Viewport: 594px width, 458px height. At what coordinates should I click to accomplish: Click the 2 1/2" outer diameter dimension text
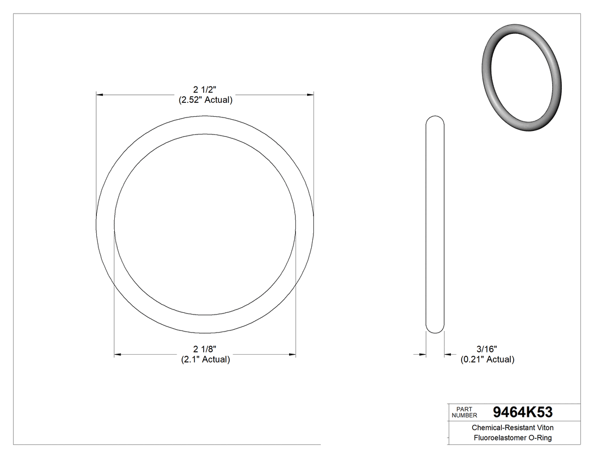point(205,89)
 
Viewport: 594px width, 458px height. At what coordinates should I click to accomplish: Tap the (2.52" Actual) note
point(205,100)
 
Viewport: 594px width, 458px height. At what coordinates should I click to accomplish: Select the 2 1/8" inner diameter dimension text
point(205,348)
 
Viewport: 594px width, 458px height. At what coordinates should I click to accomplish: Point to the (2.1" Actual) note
point(205,359)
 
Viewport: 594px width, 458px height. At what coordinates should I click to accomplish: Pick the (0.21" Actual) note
point(487,359)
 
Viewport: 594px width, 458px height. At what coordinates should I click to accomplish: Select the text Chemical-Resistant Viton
point(513,428)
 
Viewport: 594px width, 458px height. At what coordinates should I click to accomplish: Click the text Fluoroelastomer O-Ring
point(513,438)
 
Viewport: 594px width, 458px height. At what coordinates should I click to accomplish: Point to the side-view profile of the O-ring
point(434,226)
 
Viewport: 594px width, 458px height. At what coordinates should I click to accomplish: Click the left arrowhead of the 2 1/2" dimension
point(100,95)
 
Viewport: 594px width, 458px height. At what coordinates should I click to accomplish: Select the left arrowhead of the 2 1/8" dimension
point(118,355)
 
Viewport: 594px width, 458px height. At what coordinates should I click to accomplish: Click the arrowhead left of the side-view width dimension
point(422,354)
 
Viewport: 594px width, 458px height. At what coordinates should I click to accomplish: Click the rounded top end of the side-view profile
point(434,119)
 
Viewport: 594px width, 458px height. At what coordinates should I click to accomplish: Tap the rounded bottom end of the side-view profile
point(434,331)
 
